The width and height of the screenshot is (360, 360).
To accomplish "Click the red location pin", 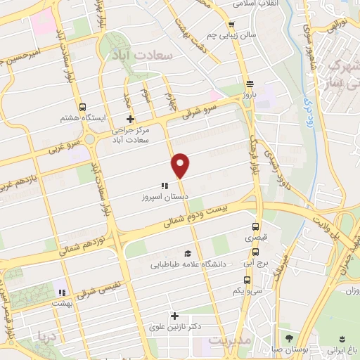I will click(181, 165).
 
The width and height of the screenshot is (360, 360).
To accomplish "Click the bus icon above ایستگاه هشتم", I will click(83, 108).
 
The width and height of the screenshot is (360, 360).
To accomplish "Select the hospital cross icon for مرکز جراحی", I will click(129, 120).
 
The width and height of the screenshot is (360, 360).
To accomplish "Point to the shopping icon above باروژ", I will click(250, 82).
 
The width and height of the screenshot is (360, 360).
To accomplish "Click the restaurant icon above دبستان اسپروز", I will click(163, 186).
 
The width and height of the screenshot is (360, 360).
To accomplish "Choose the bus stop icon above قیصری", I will click(255, 227).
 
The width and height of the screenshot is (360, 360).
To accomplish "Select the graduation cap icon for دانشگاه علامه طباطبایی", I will click(187, 253).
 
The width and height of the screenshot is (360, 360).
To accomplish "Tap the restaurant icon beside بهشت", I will click(62, 292).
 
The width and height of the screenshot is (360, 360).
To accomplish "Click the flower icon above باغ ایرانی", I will click(343, 337).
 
